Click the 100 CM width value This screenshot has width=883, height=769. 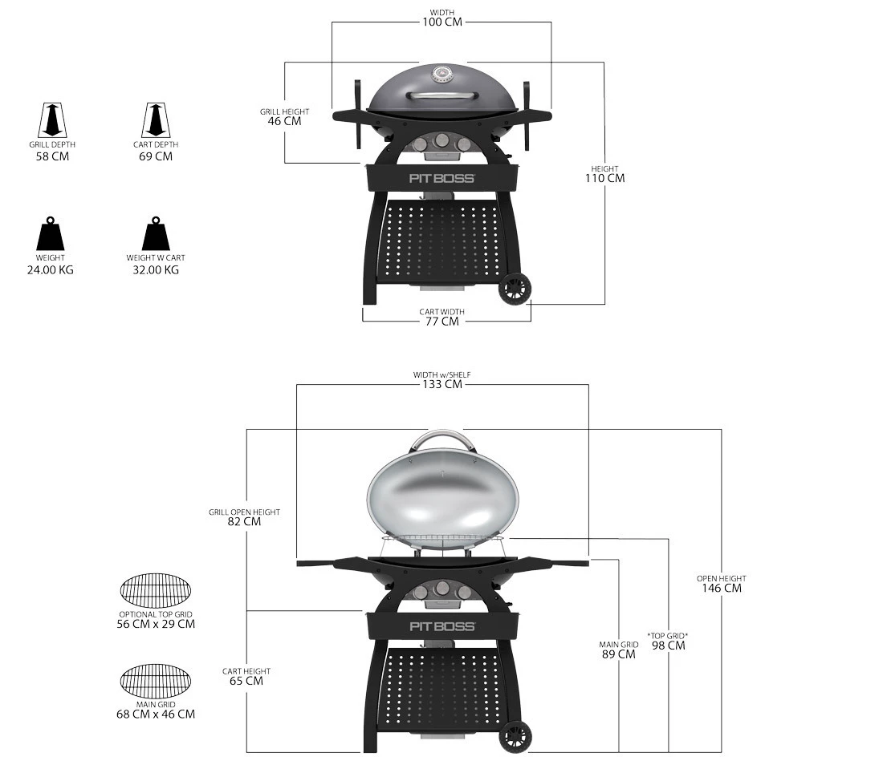442,21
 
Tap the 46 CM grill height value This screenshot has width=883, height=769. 284,121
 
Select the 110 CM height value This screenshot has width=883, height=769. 604,178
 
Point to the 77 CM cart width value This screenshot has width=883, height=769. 441,321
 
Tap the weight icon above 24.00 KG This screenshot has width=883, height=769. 50,234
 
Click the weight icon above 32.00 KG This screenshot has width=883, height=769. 156,234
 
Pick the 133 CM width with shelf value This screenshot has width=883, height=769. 442,384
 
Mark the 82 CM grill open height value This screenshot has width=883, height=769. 244,521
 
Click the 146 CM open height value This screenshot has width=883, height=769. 721,588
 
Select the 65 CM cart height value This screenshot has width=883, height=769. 246,681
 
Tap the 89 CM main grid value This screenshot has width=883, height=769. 619,654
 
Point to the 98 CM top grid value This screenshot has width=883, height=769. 668,646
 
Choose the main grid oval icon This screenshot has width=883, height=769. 157,681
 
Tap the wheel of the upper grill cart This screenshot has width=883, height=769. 515,290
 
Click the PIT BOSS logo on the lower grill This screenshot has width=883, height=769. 442,626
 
